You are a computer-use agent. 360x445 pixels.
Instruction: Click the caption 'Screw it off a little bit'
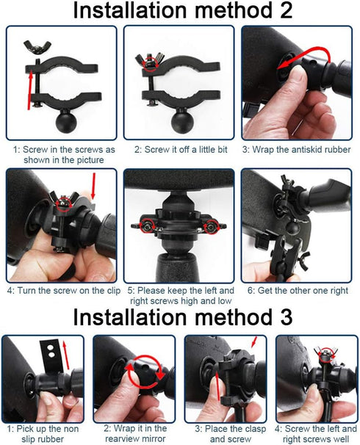point(179,149)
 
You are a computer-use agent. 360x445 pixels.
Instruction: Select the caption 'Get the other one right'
point(299,291)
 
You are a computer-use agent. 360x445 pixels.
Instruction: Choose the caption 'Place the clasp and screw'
point(225,433)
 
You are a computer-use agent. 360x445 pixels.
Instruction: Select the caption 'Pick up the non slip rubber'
point(43,433)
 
